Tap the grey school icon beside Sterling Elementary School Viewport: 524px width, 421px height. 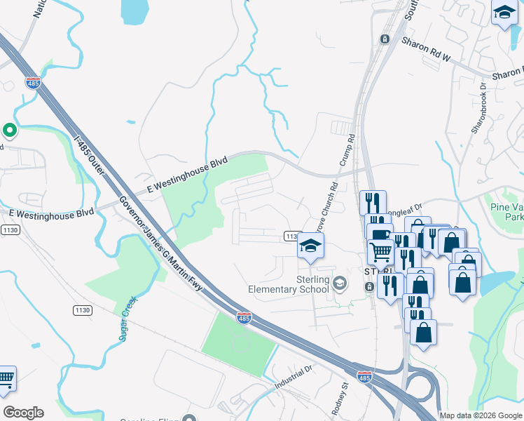pyautogui.click(x=340, y=283)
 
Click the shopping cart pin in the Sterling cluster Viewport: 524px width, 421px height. pyautogui.click(x=380, y=251)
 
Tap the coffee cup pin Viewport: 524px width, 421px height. pyautogui.click(x=379, y=234)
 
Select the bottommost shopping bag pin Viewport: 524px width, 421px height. pyautogui.click(x=423, y=332)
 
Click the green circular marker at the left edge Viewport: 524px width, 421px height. pyautogui.click(x=10, y=130)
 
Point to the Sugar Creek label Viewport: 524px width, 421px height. pyautogui.click(x=127, y=319)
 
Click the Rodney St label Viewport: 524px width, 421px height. pyautogui.click(x=344, y=397)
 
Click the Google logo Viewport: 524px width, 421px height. pyautogui.click(x=23, y=413)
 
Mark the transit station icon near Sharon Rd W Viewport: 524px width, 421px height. pyautogui.click(x=384, y=39)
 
